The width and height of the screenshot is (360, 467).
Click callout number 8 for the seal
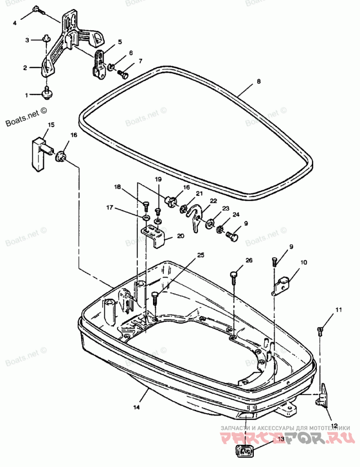coord(259,81)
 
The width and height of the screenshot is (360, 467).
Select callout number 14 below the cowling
coord(136,407)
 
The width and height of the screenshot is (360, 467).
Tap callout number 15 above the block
coord(51,124)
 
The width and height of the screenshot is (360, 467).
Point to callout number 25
coord(201,255)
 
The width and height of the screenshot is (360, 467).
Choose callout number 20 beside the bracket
coord(180,235)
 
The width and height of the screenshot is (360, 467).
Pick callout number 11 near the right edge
coord(338,310)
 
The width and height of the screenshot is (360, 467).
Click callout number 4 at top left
coord(15,22)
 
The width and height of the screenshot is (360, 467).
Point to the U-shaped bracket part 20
coord(155,236)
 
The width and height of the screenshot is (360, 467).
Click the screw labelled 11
coord(320,331)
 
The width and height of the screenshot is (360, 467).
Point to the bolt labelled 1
coord(46,93)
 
